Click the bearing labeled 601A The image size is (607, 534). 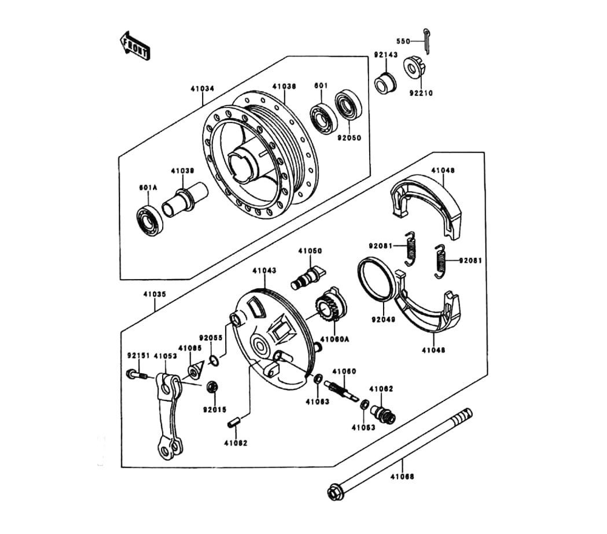click(150, 221)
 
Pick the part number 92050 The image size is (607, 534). click(349, 138)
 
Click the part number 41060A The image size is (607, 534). click(335, 339)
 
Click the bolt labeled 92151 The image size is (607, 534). click(137, 374)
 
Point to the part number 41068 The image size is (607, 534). click(402, 477)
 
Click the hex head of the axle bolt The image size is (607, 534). click(334, 492)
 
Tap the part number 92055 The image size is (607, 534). click(211, 338)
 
